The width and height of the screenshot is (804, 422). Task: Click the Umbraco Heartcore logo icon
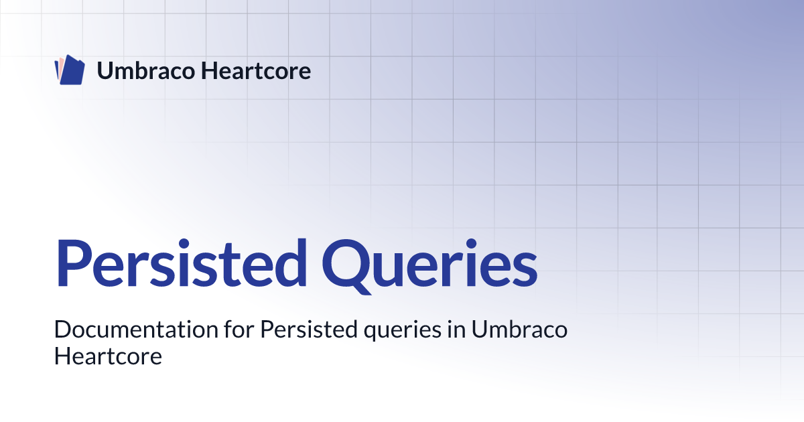click(70, 70)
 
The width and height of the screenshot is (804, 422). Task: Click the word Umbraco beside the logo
click(146, 71)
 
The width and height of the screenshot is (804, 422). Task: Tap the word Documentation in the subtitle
click(136, 329)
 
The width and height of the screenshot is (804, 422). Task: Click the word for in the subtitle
click(239, 329)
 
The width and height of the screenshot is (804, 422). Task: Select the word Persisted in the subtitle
click(309, 329)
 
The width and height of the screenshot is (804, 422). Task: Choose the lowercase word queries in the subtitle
click(403, 331)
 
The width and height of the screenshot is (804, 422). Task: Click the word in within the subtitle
click(456, 329)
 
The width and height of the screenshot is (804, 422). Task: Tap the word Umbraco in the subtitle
click(519, 329)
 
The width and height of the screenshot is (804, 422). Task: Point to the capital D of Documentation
click(64, 329)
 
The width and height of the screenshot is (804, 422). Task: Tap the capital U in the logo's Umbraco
click(106, 71)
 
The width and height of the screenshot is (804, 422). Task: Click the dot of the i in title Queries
click(471, 244)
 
